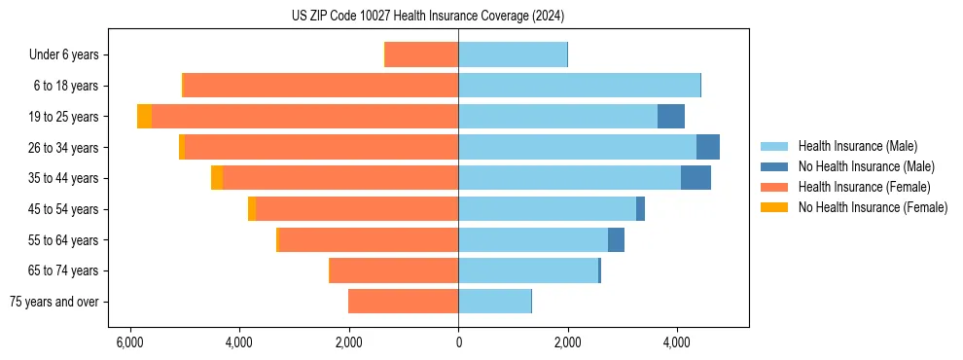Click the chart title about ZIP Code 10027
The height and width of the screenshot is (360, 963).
coord(427,17)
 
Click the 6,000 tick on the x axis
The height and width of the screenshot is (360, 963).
coord(129,342)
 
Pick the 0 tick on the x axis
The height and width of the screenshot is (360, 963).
coord(458,342)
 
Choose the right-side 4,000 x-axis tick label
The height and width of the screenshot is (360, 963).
coord(677,342)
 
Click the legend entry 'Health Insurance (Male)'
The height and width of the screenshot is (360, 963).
coord(857,147)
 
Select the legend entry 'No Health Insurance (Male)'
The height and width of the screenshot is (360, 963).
coord(866,166)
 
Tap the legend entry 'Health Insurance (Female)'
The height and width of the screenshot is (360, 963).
coord(864,187)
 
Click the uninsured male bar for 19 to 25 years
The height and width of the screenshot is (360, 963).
coord(671,117)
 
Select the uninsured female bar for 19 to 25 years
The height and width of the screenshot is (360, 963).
coord(144,117)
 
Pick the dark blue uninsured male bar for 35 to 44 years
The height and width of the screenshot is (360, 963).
coord(695,178)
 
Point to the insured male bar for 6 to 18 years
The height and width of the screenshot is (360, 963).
coord(579,86)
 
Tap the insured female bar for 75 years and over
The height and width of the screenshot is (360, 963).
coord(403,302)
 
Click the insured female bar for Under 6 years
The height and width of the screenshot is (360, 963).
coord(422,55)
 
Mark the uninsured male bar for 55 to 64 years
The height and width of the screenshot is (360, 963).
coord(616,240)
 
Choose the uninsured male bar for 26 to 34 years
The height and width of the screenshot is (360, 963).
coord(707,148)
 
